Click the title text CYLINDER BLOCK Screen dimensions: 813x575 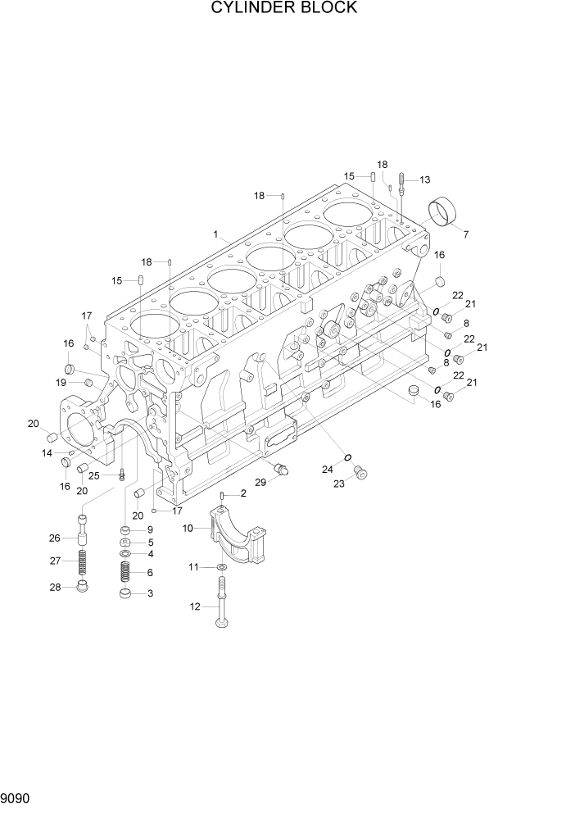[283, 8]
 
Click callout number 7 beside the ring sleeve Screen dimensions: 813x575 [466, 235]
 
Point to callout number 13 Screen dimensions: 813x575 [424, 179]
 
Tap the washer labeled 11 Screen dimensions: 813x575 [223, 567]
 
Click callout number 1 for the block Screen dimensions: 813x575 [215, 234]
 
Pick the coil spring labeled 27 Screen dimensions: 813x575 [83, 563]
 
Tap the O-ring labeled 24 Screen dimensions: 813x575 [348, 457]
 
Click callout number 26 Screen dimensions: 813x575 [55, 538]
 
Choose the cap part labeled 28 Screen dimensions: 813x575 [82, 586]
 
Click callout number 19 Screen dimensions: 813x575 [61, 383]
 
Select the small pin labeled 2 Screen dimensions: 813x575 [223, 497]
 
